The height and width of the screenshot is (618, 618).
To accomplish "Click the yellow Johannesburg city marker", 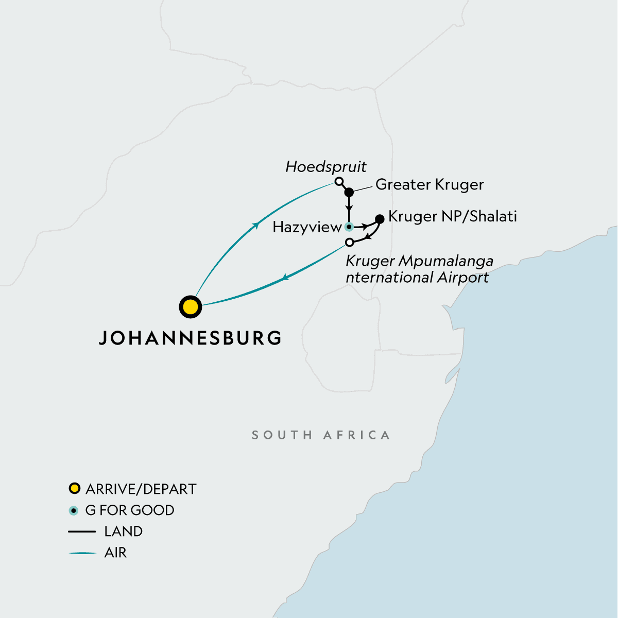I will point(190,307).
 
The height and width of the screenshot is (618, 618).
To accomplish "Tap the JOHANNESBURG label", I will point(190,338).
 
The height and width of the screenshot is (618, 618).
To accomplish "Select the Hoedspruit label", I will point(326,167).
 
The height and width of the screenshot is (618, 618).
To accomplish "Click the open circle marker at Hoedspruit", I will point(338,181).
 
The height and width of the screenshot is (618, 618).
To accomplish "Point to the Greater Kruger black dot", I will point(349,192).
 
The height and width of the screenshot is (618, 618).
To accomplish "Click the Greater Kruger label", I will point(430,184).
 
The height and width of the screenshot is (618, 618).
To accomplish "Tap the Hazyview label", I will point(307,227).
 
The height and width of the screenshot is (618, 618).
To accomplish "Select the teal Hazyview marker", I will point(349,227).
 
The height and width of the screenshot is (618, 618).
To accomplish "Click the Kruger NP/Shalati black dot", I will point(380,219).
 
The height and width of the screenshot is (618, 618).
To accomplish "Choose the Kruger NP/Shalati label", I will point(452,216).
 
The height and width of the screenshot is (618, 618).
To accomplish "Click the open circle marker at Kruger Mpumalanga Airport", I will point(350,242).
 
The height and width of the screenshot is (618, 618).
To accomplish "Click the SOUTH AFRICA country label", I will point(320,435).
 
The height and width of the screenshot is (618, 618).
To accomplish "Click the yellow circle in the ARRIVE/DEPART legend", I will point(75,488).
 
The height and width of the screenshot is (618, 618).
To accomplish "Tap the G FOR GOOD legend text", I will point(129,510).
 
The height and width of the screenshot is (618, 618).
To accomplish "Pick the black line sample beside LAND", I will point(82,531).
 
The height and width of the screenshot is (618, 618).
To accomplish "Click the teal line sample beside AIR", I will point(82,553).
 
